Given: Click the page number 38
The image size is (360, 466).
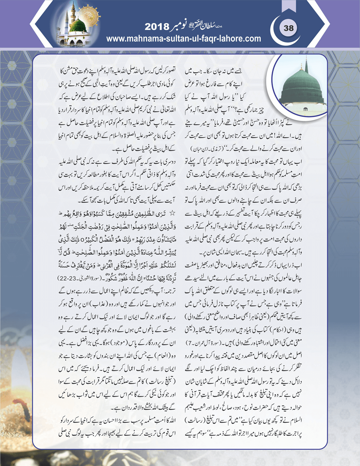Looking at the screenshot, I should (x=288, y=28).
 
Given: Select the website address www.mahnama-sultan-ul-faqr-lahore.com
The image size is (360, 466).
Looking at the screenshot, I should (x=184, y=39).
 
